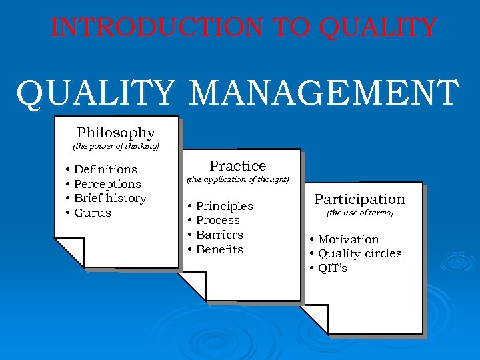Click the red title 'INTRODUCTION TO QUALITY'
pos(244,28)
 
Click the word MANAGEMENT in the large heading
pos(324,93)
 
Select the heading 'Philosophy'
pos(116,133)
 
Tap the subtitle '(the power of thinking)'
pos(116,146)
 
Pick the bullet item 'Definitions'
pos(105,169)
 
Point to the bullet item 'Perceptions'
pos(107,184)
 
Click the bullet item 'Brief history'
pos(110,198)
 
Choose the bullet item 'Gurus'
pos(93,213)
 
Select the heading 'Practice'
pos(238,166)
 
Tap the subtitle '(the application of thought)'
pos(238,179)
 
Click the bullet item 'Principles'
pos(224,206)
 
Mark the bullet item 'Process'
pos(217,220)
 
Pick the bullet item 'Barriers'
pos(219,235)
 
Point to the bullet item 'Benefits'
pos(219,249)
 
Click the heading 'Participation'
pos(360,199)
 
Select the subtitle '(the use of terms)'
pos(360,213)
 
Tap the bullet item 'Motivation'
pos(348,239)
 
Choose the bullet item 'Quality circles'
pos(359,253)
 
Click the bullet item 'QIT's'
pos(332,268)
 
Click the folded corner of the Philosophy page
pos(69,252)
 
